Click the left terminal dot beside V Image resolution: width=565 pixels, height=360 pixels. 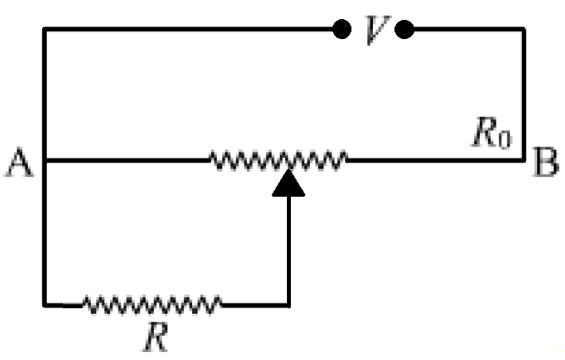[342, 30]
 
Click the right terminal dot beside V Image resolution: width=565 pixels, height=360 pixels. [404, 30]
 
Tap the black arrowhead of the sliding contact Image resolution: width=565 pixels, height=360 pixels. [288, 184]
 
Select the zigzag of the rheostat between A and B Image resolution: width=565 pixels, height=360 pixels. [278, 160]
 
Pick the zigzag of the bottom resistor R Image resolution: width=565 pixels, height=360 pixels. [152, 303]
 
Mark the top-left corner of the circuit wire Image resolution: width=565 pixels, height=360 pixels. [45, 30]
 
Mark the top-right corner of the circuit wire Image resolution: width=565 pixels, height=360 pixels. [523, 30]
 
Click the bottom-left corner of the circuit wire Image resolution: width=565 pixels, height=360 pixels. [45, 303]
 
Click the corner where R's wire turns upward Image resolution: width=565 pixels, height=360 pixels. [288, 303]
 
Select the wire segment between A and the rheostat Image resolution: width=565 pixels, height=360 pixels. [128, 160]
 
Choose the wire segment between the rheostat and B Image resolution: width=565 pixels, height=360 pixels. [434, 160]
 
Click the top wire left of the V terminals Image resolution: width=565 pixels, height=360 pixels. [191, 30]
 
